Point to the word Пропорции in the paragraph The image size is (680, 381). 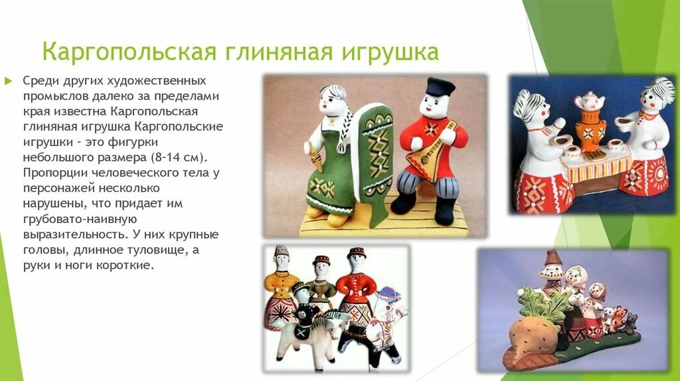coord(52,173)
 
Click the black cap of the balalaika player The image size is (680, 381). coord(440,86)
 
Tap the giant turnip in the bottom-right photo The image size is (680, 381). coord(531,335)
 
